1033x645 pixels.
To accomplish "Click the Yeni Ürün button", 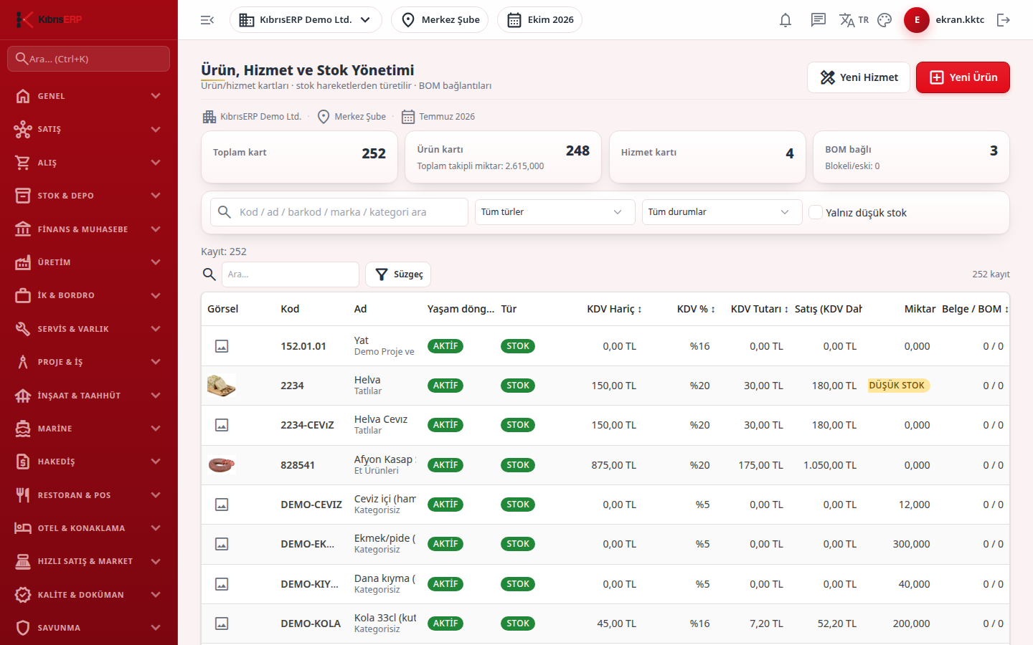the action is [963, 77].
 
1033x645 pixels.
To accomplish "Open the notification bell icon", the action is [786, 20].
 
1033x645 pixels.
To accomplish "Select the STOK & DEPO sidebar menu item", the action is [88, 196].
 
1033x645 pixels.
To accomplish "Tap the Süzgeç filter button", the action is [398, 274].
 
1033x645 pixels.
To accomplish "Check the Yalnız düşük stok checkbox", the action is [816, 212].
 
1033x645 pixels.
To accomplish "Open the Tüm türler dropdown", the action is [555, 212].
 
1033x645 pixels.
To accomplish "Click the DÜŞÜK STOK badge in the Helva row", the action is [897, 385].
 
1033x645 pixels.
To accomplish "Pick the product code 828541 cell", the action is [298, 465].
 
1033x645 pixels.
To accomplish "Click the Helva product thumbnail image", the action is [222, 386].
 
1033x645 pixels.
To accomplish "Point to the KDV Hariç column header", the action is [614, 309].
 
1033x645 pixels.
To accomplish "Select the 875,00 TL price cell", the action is [614, 465].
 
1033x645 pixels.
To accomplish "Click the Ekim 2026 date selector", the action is [539, 20].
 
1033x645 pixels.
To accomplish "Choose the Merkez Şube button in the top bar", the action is [440, 20].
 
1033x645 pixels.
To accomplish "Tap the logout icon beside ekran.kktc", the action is [1004, 20].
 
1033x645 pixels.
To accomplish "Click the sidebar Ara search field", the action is [88, 59].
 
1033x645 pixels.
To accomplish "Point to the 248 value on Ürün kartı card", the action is [577, 150].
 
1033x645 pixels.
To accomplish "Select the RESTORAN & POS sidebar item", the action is [88, 494].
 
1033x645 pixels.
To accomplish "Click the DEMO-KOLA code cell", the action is [311, 623].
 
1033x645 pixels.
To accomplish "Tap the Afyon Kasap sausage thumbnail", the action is [222, 465].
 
